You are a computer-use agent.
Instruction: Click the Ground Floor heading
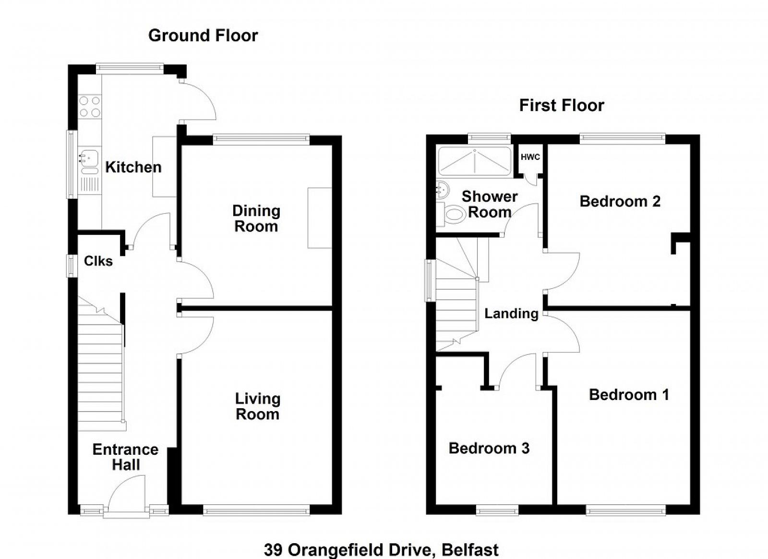(x=203, y=36)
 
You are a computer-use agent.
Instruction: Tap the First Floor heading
(x=562, y=105)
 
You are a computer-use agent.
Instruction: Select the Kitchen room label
(x=133, y=167)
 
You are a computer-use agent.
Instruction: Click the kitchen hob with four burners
(x=89, y=107)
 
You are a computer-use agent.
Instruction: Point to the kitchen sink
(x=89, y=163)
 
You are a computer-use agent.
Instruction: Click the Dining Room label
(x=256, y=219)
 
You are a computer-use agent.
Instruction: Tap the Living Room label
(x=257, y=406)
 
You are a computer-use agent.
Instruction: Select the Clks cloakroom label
(x=98, y=261)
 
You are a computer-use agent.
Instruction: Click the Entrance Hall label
(x=125, y=457)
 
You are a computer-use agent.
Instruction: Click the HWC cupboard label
(x=530, y=157)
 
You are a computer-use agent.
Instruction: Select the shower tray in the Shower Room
(x=475, y=161)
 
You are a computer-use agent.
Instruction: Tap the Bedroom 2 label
(x=620, y=201)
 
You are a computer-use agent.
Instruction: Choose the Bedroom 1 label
(x=629, y=395)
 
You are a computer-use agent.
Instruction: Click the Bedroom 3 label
(x=489, y=448)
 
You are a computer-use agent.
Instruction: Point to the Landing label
(x=511, y=314)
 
